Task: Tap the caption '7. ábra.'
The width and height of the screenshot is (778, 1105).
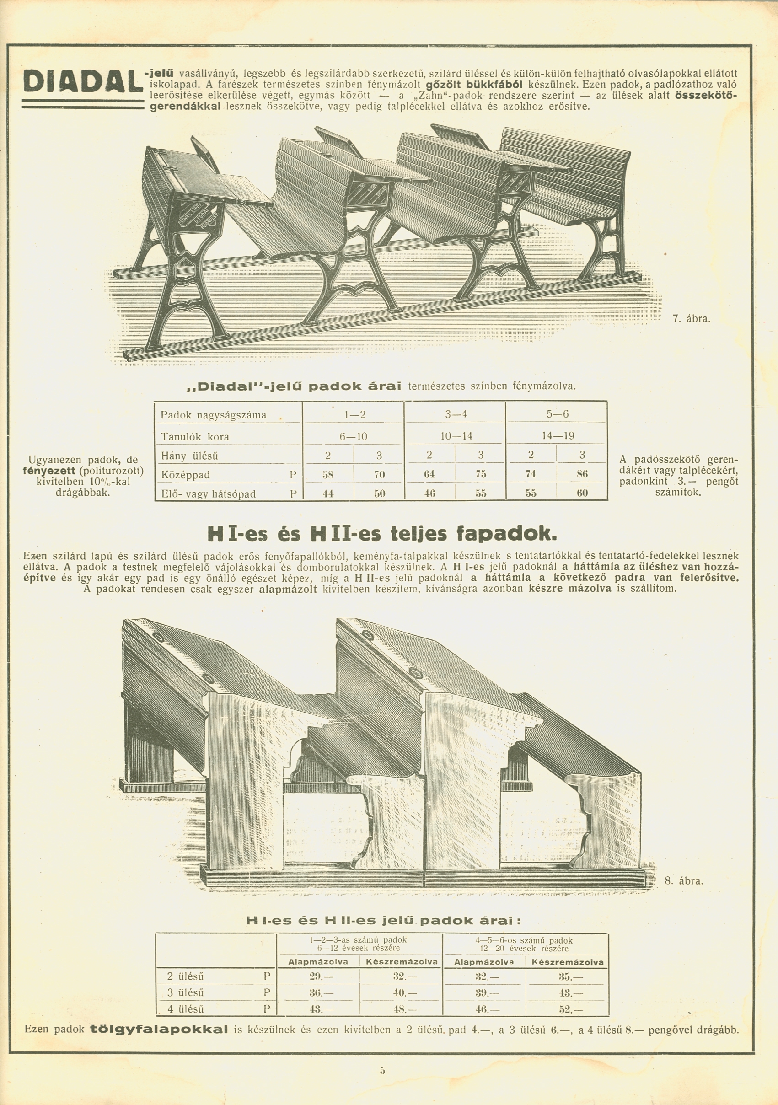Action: (691, 319)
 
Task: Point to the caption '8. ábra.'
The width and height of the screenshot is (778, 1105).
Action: (684, 881)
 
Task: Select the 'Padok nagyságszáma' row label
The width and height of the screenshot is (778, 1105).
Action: (213, 415)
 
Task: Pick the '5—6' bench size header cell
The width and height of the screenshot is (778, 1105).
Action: (557, 414)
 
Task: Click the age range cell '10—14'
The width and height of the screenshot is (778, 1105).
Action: (456, 436)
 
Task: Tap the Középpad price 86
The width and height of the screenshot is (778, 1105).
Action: (582, 474)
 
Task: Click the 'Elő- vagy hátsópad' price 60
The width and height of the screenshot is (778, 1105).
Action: (582, 493)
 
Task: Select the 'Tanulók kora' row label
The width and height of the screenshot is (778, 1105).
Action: (195, 437)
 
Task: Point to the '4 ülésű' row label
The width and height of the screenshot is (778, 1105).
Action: (185, 1009)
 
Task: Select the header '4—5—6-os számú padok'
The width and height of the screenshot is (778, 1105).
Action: (524, 940)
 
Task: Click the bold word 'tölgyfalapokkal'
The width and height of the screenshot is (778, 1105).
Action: (159, 1030)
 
